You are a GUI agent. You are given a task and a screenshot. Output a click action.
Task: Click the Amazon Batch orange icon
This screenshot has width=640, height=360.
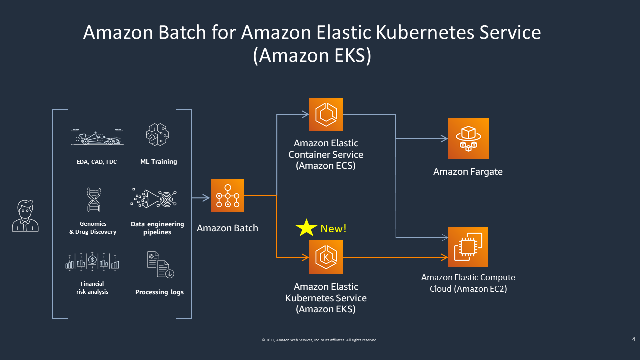pos(228,195)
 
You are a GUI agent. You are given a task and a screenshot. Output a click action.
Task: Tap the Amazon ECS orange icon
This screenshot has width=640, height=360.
pos(326,114)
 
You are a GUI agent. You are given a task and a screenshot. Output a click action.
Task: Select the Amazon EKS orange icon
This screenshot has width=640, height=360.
pos(326,257)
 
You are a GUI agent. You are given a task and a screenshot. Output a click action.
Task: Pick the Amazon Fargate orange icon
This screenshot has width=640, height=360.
pos(468,138)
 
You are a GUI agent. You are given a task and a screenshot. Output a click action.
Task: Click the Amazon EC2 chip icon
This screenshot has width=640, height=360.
pos(468,247)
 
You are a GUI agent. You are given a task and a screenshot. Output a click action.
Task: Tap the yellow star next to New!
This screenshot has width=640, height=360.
pos(306,228)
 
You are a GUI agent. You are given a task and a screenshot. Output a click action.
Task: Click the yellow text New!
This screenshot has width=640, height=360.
pos(333,229)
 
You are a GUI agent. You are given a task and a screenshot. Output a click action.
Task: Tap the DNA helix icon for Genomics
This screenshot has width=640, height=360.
pos(93,200)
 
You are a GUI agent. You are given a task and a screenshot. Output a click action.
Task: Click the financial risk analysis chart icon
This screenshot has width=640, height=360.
pos(92,261)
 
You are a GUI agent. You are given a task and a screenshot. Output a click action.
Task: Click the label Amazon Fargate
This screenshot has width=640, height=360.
pos(468,172)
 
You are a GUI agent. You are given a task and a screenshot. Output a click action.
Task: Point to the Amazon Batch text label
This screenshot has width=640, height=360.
pos(227,228)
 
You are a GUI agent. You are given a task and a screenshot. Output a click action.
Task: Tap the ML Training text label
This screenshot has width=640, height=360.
pos(159,162)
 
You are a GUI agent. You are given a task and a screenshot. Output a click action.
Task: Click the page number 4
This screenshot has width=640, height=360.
pos(634,340)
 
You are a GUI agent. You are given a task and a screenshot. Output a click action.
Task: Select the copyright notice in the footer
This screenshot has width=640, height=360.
pos(320,340)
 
